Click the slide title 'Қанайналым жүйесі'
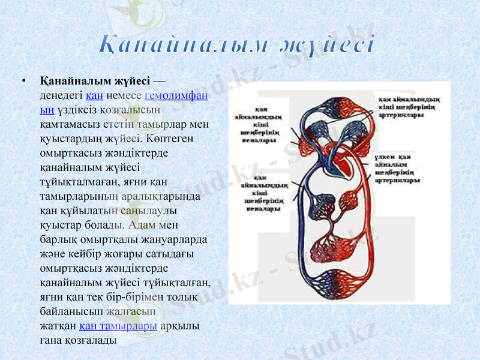click(x=238, y=46)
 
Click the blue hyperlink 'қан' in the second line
click(x=94, y=96)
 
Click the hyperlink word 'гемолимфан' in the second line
click(x=176, y=96)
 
